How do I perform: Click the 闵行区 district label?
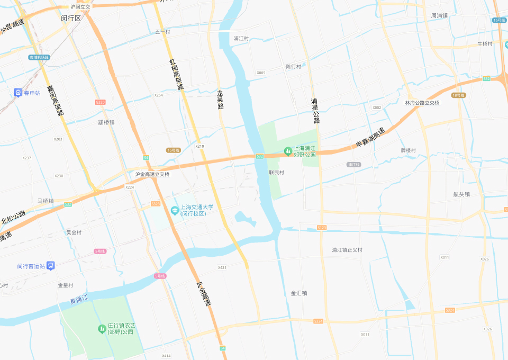tap(70, 18)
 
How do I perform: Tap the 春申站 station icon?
tap(18, 93)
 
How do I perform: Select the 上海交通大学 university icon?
tap(174, 211)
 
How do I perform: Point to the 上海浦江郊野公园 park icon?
tap(288, 152)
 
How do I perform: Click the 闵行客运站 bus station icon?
tap(50, 266)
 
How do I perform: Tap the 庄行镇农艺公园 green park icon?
tap(102, 329)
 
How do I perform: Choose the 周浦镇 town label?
tap(439, 15)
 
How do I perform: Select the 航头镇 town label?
tap(461, 194)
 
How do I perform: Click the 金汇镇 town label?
tap(299, 293)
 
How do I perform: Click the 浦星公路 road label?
tap(315, 110)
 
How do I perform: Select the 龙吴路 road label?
tap(220, 99)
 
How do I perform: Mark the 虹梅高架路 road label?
tap(176, 74)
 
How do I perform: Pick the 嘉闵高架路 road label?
tap(55, 101)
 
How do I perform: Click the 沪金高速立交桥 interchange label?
tap(152, 174)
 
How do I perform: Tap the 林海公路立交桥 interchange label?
tap(422, 103)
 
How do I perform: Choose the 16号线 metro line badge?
tap(499, 20)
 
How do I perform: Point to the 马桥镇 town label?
tap(46, 201)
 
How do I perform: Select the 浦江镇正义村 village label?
tap(347, 250)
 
